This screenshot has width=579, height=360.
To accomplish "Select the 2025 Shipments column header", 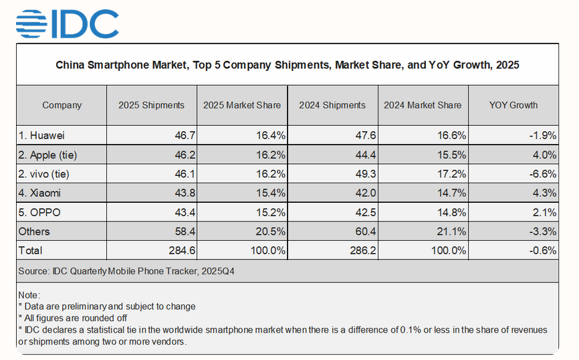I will tap(151, 105).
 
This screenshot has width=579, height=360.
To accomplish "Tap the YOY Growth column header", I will tap(513, 105).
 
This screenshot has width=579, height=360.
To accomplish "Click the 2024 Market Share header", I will tap(423, 105).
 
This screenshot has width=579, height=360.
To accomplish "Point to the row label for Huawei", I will tap(42, 135).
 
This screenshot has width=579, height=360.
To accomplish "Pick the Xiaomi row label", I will tap(41, 193).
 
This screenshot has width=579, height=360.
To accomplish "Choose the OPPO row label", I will tap(40, 212).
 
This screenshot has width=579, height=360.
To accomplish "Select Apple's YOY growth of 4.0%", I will tap(544, 155).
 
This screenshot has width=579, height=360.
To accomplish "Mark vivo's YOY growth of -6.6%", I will tap(542, 173).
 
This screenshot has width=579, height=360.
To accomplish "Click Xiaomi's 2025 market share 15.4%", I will tap(271, 193).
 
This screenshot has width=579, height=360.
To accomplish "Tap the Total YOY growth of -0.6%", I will tap(542, 250).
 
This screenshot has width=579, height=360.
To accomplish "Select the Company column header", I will tap(62, 105).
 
